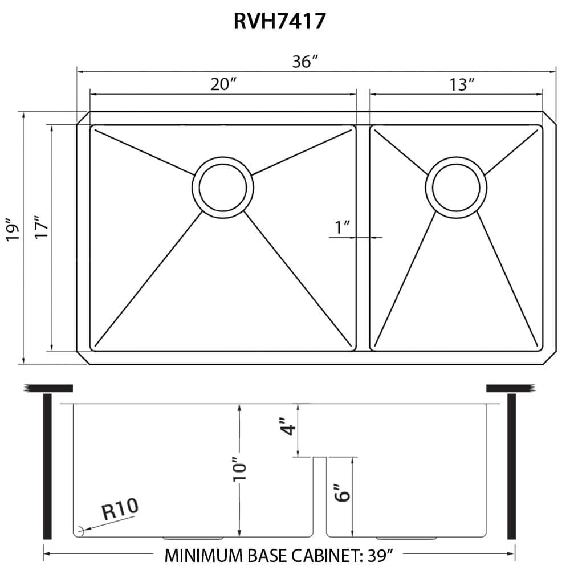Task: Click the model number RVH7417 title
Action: pos(279,21)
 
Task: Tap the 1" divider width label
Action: pos(342,228)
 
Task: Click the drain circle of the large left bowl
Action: pos(223,186)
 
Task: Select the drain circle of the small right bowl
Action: pos(456,186)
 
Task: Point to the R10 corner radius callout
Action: pos(120,508)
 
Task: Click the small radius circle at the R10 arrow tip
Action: pos(81,530)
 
